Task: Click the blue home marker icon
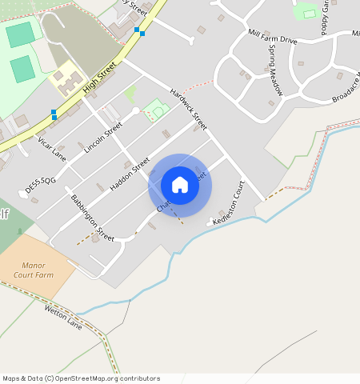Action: click(180, 185)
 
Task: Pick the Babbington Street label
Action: click(92, 218)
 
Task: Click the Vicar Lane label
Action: click(52, 149)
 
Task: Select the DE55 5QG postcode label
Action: click(40, 182)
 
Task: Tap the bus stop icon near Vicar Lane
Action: click(54, 114)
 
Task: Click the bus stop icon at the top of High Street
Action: click(138, 31)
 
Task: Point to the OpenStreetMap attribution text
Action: click(81, 378)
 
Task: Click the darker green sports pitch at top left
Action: click(20, 34)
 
